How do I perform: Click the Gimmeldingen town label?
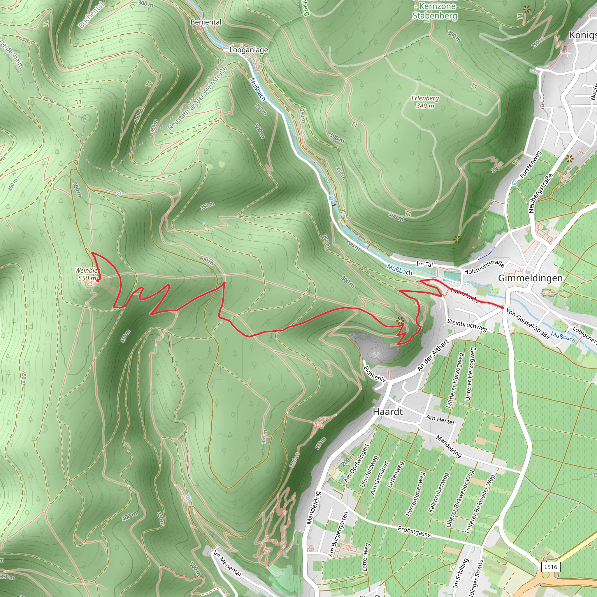(530, 278)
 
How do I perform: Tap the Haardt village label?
(388, 412)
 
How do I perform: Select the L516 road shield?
(551, 567)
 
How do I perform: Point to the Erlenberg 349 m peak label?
(425, 102)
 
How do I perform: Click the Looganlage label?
(248, 50)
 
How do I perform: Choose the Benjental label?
(206, 22)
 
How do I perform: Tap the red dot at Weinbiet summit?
(98, 280)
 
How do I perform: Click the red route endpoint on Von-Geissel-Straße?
(503, 308)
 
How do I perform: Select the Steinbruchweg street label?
(467, 325)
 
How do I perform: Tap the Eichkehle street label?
(375, 374)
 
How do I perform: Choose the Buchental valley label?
(92, 15)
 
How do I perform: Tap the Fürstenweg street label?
(531, 165)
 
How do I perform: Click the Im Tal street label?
(424, 264)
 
